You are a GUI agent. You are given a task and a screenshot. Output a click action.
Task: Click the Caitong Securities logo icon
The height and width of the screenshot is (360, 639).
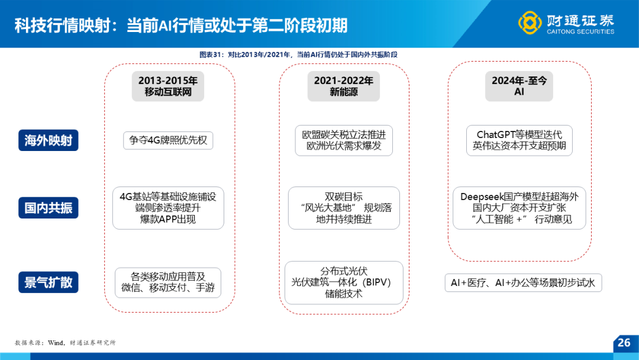[x=530, y=22]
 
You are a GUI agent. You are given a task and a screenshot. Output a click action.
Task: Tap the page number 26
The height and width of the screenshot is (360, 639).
[x=624, y=342]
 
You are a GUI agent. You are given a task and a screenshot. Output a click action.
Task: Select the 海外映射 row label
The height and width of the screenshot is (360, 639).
[x=48, y=140]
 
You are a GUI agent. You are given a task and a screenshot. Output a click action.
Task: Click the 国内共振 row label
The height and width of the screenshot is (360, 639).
[x=48, y=208]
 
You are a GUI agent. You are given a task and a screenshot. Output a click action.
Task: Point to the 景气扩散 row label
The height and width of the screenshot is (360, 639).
[x=48, y=282]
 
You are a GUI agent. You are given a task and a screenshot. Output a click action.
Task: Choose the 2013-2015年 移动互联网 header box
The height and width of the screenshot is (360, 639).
[x=168, y=86]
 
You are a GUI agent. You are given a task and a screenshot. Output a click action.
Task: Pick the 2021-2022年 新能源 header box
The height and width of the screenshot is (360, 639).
[x=344, y=86]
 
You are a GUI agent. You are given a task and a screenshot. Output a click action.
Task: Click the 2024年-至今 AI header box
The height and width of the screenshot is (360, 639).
[x=519, y=86]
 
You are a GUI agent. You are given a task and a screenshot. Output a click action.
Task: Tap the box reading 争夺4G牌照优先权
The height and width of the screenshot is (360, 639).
[x=168, y=140]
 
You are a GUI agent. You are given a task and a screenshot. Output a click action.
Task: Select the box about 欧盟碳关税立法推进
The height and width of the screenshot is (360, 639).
[x=344, y=140]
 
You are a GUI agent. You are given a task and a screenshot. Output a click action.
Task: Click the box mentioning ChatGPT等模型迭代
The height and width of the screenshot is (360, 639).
[x=519, y=140]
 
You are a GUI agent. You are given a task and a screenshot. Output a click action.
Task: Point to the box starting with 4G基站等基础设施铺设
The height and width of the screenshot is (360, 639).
[x=168, y=208]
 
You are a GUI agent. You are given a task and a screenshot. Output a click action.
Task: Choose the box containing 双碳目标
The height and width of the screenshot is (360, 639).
[x=344, y=208]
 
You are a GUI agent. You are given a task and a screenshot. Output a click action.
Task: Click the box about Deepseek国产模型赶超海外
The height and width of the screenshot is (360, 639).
[x=519, y=208]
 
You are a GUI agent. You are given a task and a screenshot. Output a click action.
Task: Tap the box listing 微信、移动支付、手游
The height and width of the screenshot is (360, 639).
[x=168, y=282]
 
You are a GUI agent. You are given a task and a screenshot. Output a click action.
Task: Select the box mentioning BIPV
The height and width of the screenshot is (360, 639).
[x=344, y=282]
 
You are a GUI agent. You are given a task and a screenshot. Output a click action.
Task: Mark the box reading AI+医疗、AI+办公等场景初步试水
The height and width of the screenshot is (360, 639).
[x=523, y=282]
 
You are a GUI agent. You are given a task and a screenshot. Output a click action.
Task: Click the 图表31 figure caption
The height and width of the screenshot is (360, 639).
[x=298, y=54]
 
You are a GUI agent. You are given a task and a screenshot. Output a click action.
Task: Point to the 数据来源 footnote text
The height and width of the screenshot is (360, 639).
[x=65, y=343]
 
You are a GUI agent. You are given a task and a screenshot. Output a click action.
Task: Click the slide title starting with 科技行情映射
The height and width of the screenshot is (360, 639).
[x=181, y=25]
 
